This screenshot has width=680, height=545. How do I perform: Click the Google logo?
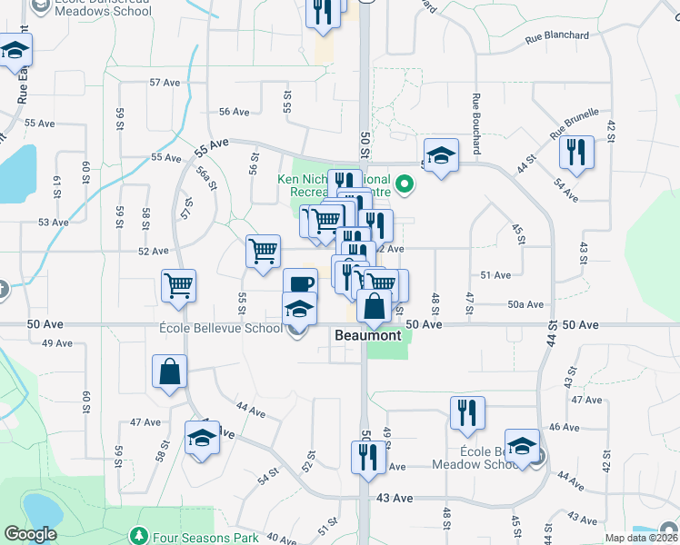pyautogui.click(x=30, y=534)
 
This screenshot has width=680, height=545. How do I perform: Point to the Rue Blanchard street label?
pyautogui.click(x=557, y=36)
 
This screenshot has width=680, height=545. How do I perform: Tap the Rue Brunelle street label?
pyautogui.click(x=575, y=124)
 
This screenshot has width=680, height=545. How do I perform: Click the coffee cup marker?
pyautogui.click(x=300, y=283)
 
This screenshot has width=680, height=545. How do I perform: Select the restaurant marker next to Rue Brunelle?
pyautogui.click(x=576, y=152)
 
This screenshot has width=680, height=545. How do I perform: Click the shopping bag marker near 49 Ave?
pyautogui.click(x=169, y=371)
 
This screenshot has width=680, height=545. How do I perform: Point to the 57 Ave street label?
pyautogui.click(x=165, y=83)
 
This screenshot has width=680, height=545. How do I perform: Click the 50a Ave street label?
pyautogui.click(x=525, y=305)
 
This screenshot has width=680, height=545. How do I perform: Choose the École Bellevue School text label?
pyautogui.click(x=220, y=328)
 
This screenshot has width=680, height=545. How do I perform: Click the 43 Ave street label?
pyautogui.click(x=395, y=498)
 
